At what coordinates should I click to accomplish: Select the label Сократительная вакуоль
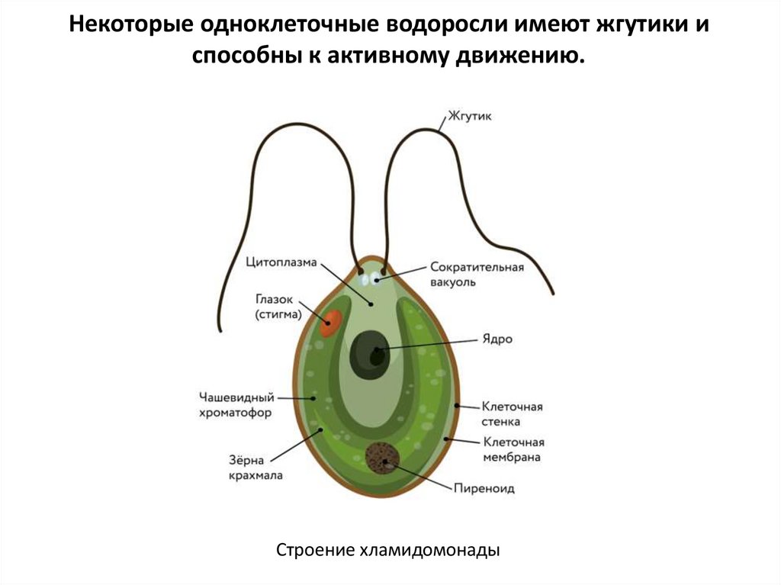[477, 275]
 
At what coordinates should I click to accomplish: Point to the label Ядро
[497, 339]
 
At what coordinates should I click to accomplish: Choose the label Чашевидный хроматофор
[236, 404]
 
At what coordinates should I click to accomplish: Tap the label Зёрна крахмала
[256, 468]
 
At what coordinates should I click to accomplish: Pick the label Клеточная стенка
[511, 413]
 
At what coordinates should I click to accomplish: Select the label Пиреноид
[484, 488]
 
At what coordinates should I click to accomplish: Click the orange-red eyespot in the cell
[330, 323]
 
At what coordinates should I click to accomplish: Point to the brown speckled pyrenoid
[381, 458]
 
